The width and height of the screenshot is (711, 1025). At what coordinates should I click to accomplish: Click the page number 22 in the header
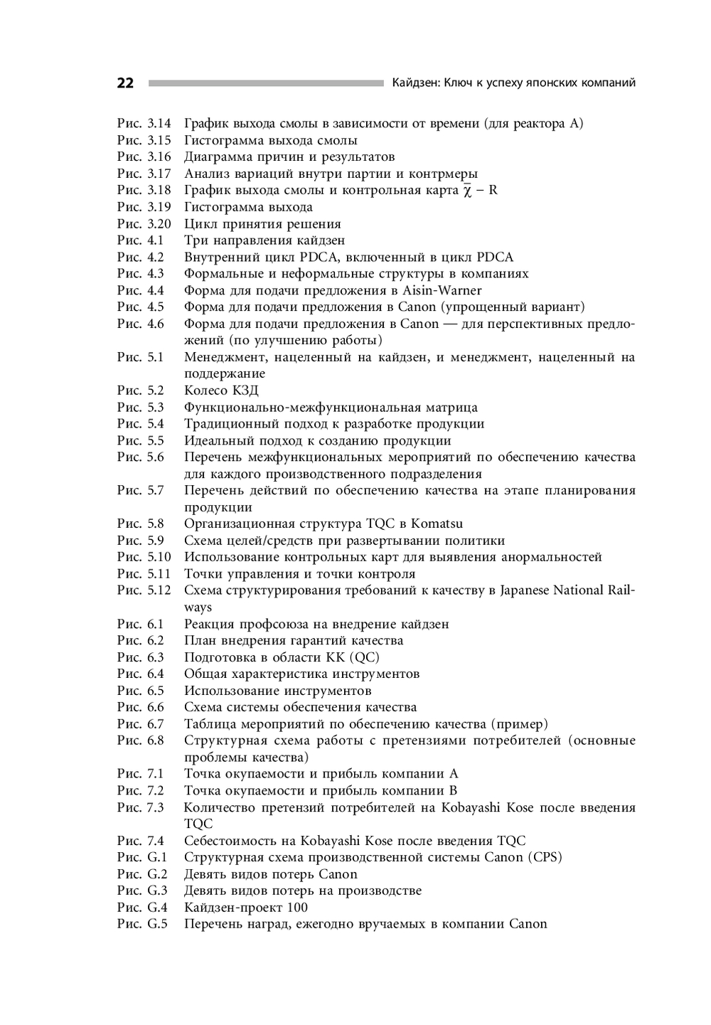125,83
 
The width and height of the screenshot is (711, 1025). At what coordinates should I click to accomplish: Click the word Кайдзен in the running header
415,83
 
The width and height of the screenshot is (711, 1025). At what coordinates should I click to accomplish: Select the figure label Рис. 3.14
144,124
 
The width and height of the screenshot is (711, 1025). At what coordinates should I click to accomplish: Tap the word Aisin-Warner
442,290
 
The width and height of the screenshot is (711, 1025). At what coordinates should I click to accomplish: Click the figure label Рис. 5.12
144,590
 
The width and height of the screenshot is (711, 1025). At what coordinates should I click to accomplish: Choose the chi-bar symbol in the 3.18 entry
467,191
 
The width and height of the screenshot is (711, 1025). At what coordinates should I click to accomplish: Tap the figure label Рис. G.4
142,908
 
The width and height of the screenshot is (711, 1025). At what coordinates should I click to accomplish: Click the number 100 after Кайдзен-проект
298,908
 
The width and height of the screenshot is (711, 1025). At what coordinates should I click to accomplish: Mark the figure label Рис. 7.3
141,807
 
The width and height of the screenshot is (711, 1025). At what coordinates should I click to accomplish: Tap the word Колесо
203,391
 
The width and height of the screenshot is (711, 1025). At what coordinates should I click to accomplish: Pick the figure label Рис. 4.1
141,240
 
